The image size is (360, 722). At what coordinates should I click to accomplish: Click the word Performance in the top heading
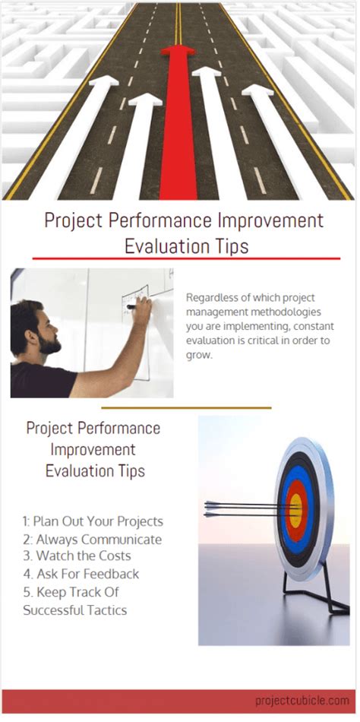pos(167,221)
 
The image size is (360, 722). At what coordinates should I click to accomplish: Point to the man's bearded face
pos(46,334)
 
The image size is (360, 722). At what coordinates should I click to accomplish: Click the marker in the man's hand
pos(134,307)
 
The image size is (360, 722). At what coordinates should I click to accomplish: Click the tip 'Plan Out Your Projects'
pos(93,522)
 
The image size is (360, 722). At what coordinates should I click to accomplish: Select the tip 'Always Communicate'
pos(93,540)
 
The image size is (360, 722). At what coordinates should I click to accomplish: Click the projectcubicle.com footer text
pos(302,701)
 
